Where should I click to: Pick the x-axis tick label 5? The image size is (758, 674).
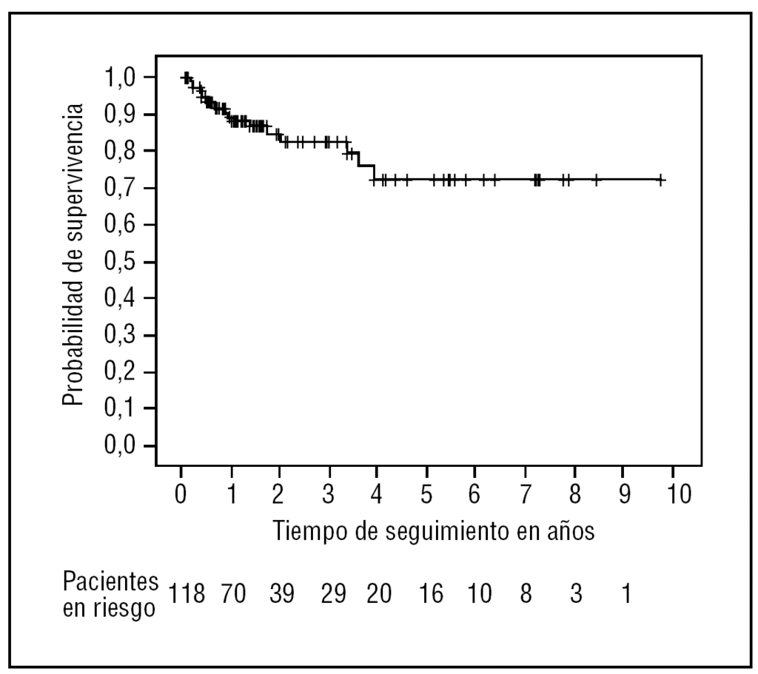click(x=426, y=493)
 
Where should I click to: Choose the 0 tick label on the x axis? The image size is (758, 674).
click(x=181, y=493)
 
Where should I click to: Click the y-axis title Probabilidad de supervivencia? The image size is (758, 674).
click(x=72, y=254)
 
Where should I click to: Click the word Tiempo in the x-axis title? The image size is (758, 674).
click(x=307, y=531)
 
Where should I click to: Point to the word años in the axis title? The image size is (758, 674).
click(x=566, y=531)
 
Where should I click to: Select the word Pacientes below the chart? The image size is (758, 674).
click(x=110, y=580)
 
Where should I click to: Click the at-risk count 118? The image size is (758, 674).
click(x=187, y=594)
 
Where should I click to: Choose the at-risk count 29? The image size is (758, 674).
click(x=332, y=594)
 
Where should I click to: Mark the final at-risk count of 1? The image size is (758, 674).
click(x=625, y=594)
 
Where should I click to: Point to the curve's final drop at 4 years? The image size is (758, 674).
click(x=374, y=172)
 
